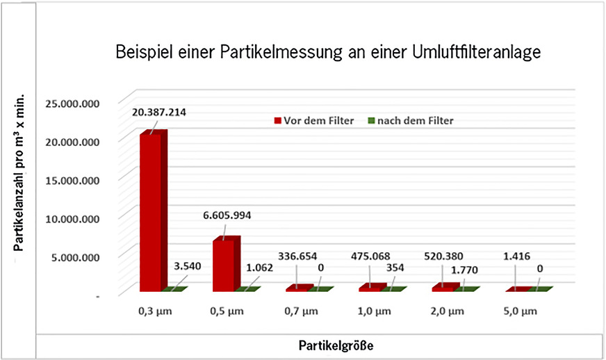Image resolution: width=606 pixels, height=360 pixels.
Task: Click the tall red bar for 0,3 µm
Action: click(x=151, y=212)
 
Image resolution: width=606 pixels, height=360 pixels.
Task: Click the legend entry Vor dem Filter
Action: click(x=316, y=120)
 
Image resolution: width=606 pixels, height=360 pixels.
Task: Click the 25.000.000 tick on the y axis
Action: click(x=72, y=104)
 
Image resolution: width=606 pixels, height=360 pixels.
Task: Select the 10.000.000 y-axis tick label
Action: click(x=72, y=218)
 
